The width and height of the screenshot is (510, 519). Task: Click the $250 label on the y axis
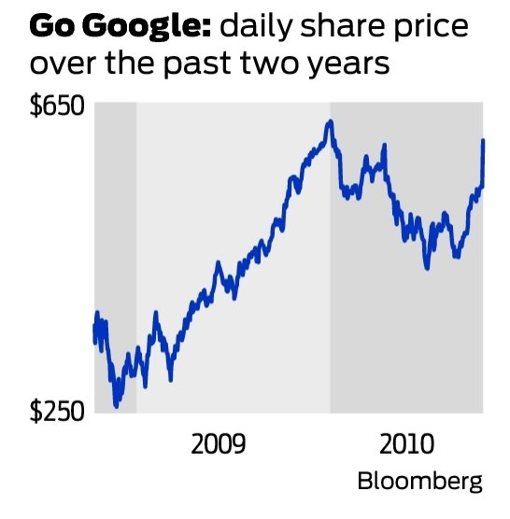tap(57, 412)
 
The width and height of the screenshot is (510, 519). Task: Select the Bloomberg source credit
tap(420, 482)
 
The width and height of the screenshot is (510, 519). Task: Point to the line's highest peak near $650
tap(330, 121)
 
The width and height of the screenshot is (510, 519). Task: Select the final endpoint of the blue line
tap(483, 141)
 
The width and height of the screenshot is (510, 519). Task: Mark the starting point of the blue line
tap(94, 327)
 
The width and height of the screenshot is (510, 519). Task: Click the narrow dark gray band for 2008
tap(116, 252)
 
